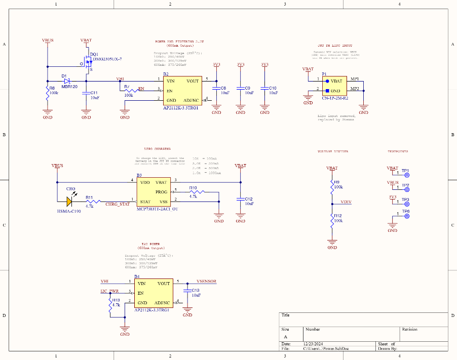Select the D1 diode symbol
point(66,81)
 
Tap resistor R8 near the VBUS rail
point(48,93)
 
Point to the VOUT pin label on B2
point(192,81)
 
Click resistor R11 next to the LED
point(90,201)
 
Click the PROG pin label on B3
point(161,192)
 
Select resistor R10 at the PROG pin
point(196,192)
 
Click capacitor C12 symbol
point(240,199)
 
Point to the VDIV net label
point(346,202)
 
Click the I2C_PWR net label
point(109,292)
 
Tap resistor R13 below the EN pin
point(111,305)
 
